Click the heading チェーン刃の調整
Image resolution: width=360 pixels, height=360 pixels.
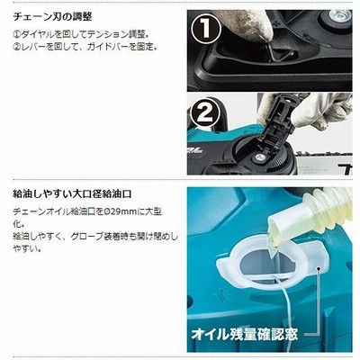tap(52, 17)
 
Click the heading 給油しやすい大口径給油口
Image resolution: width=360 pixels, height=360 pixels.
tap(72, 193)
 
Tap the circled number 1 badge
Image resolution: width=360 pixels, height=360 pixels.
tap(206, 30)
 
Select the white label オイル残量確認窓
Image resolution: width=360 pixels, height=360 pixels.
tap(245, 334)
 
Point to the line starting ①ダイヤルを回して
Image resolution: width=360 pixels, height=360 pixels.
tap(81, 34)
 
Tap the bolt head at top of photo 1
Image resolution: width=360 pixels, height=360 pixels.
tap(340, 14)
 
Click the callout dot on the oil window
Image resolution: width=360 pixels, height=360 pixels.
tap(319, 269)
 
